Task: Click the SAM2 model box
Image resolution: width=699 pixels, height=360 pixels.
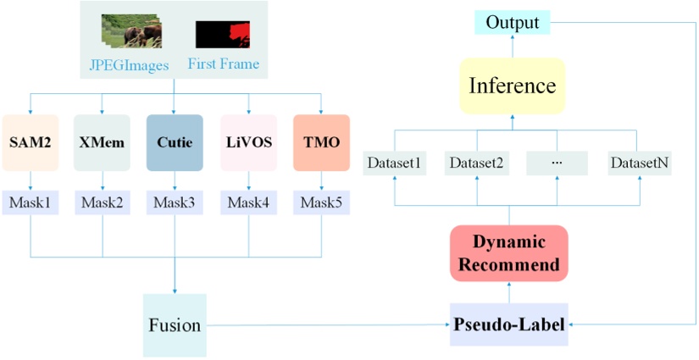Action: (x=31, y=142)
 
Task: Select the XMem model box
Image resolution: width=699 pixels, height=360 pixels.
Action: (x=102, y=142)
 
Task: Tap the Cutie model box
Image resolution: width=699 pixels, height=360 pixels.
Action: (x=175, y=142)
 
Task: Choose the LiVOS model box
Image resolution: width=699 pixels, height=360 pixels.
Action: (x=249, y=142)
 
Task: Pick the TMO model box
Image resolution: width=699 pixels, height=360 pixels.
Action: (x=321, y=142)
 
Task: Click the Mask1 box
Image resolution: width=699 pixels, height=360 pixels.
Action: (x=31, y=202)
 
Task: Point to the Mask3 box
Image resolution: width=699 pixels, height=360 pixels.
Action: (x=175, y=202)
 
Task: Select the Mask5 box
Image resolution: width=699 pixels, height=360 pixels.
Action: (x=321, y=202)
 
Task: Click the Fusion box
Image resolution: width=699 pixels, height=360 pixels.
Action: (x=175, y=325)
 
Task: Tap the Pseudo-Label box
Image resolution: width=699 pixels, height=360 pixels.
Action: (x=509, y=324)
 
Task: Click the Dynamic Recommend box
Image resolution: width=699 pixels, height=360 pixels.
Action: (x=509, y=253)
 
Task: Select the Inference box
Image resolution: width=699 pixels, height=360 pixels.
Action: (x=513, y=86)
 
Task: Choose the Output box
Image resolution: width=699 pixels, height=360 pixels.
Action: (x=513, y=23)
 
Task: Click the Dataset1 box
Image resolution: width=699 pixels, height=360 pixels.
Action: (x=394, y=163)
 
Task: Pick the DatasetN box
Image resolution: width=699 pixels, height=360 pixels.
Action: (x=641, y=163)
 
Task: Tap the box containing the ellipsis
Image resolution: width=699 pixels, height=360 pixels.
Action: (x=558, y=163)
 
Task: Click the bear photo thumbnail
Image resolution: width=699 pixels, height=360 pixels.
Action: (x=131, y=30)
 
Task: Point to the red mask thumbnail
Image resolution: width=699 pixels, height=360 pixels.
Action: (x=223, y=35)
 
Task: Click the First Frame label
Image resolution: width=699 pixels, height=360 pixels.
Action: (x=224, y=64)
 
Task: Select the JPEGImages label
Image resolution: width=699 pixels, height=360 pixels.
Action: (x=135, y=66)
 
